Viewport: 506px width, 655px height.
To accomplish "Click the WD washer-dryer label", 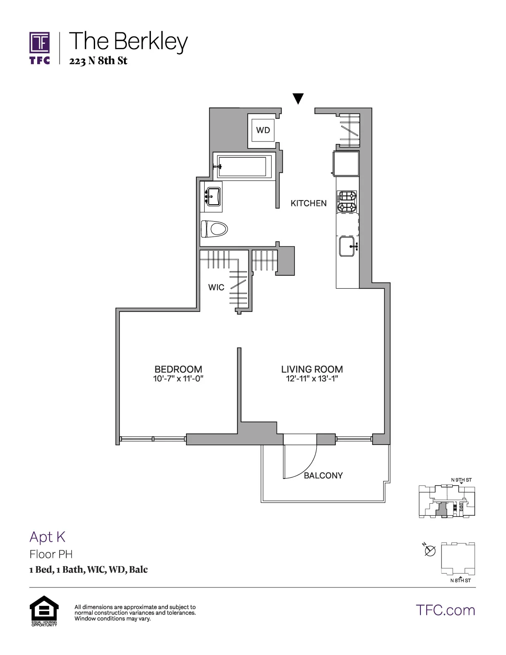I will (263, 130).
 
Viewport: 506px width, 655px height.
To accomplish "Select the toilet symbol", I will (215, 229).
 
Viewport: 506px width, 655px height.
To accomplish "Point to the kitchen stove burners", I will (344, 201).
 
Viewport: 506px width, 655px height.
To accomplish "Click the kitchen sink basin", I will (347, 246).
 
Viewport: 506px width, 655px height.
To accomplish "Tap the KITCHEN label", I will (308, 203).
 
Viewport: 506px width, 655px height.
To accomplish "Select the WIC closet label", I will (216, 287).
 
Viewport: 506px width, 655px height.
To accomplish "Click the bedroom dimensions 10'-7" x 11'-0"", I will (178, 379).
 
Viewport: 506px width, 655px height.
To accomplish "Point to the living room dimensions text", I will (312, 379).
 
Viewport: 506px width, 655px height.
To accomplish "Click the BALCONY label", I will (323, 476).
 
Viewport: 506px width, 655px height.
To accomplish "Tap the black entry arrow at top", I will (298, 98).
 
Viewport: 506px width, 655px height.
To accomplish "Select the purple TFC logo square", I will (40, 43).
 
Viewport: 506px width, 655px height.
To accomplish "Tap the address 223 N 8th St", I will (98, 61).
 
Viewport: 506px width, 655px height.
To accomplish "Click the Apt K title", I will (47, 537).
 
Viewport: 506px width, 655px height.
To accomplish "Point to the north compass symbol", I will (430, 551).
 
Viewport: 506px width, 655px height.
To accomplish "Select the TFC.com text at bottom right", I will (445, 610).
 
